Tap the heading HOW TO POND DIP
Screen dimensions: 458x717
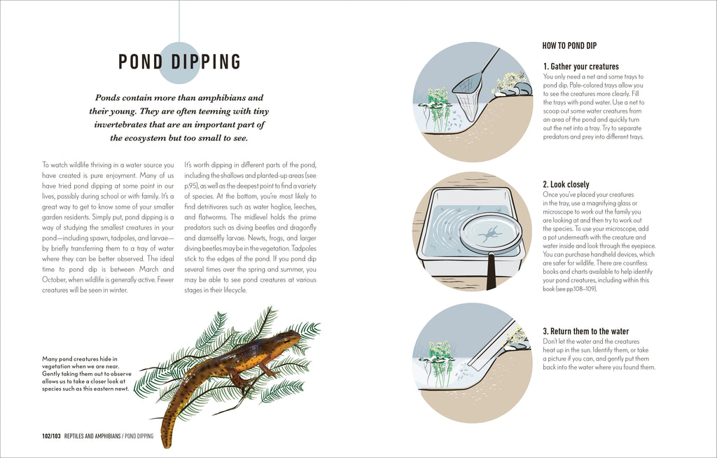click(569, 46)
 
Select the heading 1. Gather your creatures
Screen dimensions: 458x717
click(580, 67)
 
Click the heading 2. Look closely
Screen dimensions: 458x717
click(566, 185)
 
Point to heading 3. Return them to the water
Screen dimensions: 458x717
click(586, 331)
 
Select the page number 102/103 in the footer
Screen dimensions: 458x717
click(50, 436)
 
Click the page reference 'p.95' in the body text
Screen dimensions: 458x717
click(190, 186)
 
